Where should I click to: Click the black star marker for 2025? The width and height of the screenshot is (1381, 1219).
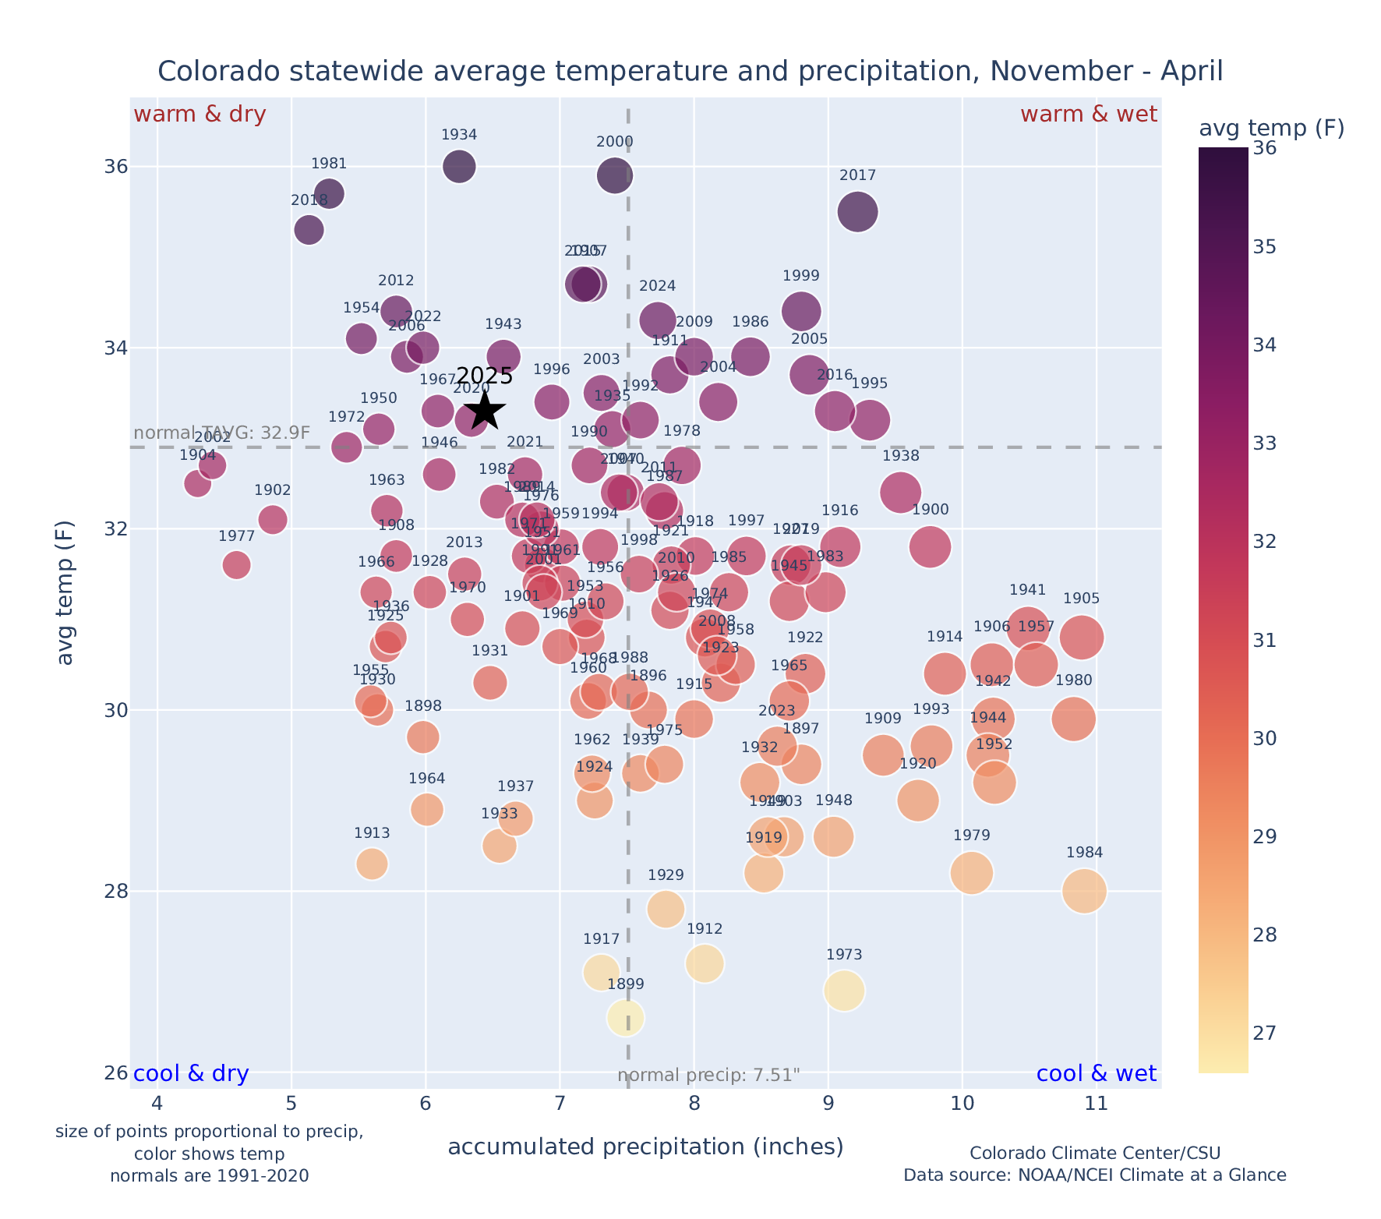pos(485,410)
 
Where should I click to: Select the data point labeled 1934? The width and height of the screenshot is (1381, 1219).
pos(459,167)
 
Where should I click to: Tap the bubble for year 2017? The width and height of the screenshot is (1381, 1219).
pos(857,212)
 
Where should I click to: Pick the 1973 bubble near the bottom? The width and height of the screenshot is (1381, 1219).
pos(844,991)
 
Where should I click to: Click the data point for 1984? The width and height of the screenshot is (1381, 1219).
pos(1084,891)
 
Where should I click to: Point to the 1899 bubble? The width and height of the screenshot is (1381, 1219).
pos(626,1018)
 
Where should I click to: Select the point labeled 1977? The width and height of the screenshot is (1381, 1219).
pos(236,564)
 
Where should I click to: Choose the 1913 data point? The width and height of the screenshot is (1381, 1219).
pos(372,864)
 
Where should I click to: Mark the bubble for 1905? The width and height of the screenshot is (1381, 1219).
pos(1081,638)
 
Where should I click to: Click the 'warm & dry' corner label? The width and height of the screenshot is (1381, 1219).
pos(200,115)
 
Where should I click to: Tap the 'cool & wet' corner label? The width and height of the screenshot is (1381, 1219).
pos(1096,1074)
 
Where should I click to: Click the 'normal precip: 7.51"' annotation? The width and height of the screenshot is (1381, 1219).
pos(708,1076)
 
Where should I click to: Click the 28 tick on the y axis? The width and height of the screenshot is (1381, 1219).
pos(116,892)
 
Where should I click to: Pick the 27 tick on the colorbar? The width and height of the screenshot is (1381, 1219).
pos(1266,1033)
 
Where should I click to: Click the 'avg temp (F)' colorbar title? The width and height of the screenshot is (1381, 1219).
pos(1271,129)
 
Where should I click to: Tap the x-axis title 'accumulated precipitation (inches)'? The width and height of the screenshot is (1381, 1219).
pos(645,1147)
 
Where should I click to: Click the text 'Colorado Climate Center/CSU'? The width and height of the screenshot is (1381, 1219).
pos(1094,1154)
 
